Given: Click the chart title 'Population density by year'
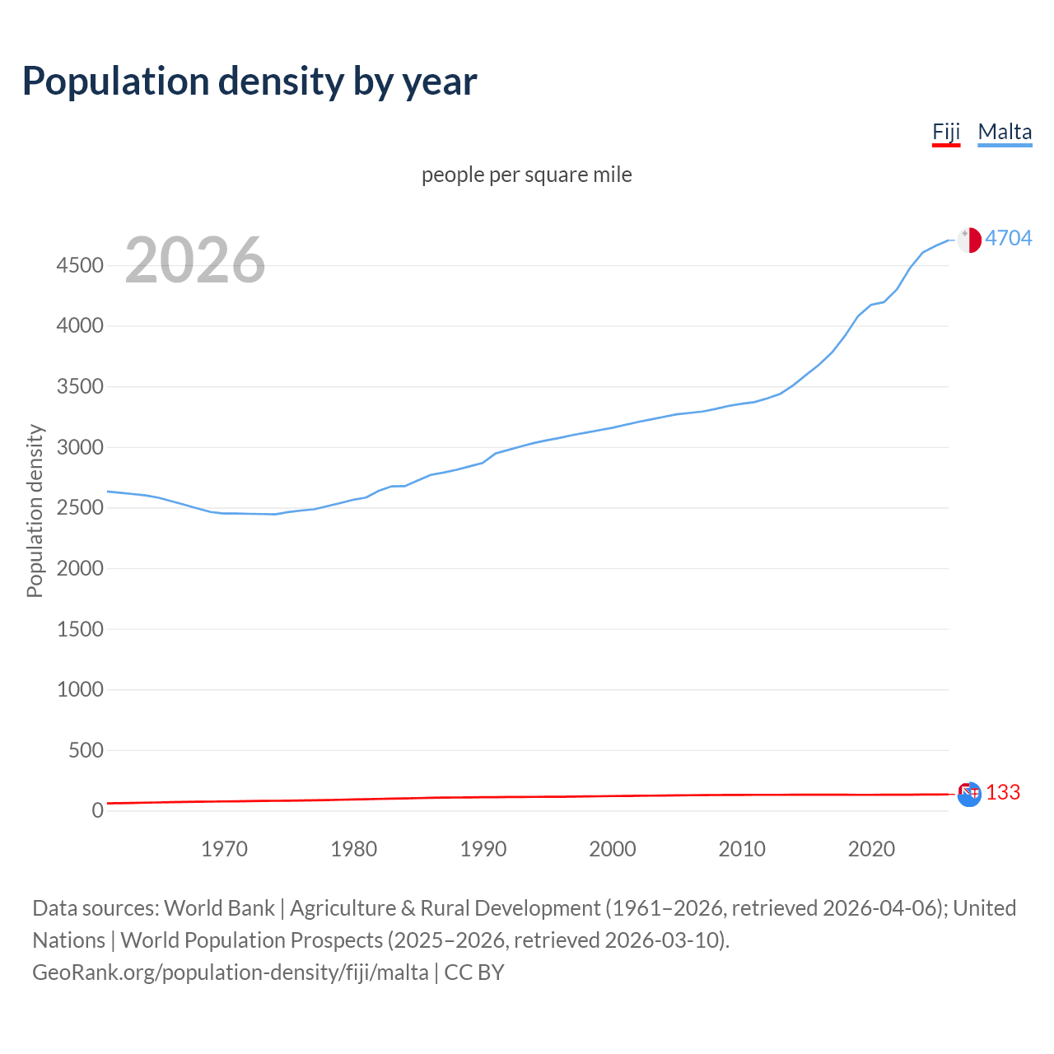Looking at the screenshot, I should pyautogui.click(x=250, y=82).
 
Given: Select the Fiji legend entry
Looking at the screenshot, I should pyautogui.click(x=946, y=132).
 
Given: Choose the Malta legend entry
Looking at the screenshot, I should pyautogui.click(x=1005, y=132).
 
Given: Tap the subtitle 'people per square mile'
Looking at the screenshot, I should pyautogui.click(x=527, y=175).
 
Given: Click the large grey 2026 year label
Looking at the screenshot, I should pyautogui.click(x=195, y=260).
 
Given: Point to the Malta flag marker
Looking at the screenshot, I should pyautogui.click(x=969, y=240).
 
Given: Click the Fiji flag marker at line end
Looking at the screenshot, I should pyautogui.click(x=969, y=794).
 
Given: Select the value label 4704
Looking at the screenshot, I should pyautogui.click(x=1009, y=238).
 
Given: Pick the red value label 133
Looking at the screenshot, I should pyautogui.click(x=1003, y=792).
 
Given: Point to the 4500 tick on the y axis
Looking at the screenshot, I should pyautogui.click(x=80, y=265).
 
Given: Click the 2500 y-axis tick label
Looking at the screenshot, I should pyautogui.click(x=80, y=508).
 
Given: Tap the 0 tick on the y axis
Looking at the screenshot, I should pyautogui.click(x=97, y=810).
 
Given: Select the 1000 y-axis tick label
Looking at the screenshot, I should pyautogui.click(x=80, y=689).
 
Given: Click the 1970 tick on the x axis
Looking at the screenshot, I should pyautogui.click(x=224, y=849).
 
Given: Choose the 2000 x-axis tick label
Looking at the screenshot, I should pyautogui.click(x=613, y=849).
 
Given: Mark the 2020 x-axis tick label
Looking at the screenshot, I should pyautogui.click(x=871, y=849).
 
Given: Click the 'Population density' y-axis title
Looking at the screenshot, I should pyautogui.click(x=35, y=511).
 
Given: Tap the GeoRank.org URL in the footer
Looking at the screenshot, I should pyautogui.click(x=231, y=972).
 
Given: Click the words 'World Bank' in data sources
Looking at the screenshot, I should pyautogui.click(x=219, y=908).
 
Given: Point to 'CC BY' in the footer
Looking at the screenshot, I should pyautogui.click(x=474, y=972).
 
